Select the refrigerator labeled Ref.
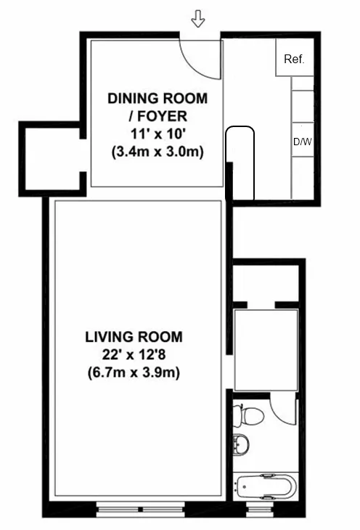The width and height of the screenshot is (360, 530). [293, 59]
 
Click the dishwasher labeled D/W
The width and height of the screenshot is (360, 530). [301, 142]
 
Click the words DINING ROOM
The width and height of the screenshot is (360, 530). [157, 98]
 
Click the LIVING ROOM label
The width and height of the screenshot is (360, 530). [134, 337]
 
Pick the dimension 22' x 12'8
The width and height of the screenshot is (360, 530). [134, 355]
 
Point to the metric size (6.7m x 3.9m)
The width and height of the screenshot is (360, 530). [134, 373]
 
